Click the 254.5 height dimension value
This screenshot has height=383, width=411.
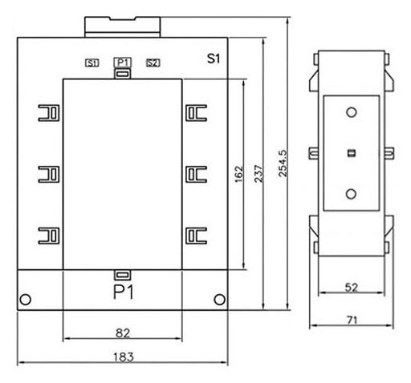tap(283, 163)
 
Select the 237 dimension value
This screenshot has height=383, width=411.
tap(258, 174)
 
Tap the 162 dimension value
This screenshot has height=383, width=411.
tap(239, 174)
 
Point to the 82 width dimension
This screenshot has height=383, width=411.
tap(123, 333)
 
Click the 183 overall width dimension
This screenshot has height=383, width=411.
tap(124, 357)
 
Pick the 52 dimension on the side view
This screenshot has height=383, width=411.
tap(352, 288)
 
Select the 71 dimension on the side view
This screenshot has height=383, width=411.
tap(352, 320)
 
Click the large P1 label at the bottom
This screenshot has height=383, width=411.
tap(124, 292)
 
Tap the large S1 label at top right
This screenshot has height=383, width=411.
tap(214, 58)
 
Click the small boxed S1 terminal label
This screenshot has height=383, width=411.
tap(92, 63)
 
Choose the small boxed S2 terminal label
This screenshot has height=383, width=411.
tap(153, 63)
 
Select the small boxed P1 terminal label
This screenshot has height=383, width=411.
tap(123, 62)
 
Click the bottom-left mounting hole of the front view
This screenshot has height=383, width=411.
tap(26, 300)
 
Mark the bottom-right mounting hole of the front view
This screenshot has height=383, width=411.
tap(220, 300)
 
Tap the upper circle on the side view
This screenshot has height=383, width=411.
tap(352, 112)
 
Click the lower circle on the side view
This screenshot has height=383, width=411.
tap(351, 194)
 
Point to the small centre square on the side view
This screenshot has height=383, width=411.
tap(352, 153)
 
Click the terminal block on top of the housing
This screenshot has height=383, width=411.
tap(123, 27)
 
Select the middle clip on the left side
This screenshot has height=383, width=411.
tap(49, 174)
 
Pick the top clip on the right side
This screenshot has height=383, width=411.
tap(197, 113)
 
